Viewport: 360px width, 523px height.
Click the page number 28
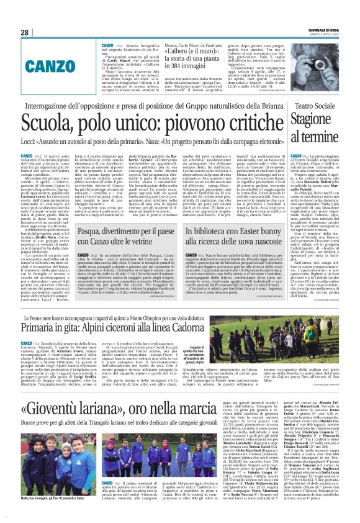[x=25, y=32]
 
